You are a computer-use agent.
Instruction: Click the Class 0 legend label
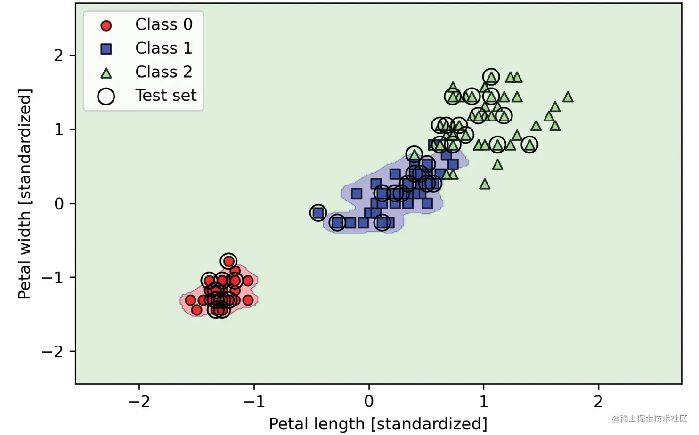coord(163,24)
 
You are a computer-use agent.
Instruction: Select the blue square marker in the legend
coord(106,48)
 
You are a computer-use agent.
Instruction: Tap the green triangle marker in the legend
coord(106,73)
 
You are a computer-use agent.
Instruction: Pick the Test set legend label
coord(166,96)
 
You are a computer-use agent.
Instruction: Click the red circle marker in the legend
coord(106,25)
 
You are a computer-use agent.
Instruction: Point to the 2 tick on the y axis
coord(58,56)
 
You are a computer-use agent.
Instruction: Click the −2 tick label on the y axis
coord(53,352)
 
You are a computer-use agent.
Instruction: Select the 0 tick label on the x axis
coord(369,402)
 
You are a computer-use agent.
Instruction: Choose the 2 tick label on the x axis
coord(598,402)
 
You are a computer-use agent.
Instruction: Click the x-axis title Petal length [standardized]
coord(378,424)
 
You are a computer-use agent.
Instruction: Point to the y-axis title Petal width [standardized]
coord(24,193)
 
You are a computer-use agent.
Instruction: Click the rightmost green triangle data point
coord(568,97)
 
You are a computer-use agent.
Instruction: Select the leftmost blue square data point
coord(318,213)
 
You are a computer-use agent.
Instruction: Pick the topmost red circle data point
coord(228,261)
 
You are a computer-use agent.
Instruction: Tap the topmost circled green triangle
coord(491,77)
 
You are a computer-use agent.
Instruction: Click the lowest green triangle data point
coord(485,184)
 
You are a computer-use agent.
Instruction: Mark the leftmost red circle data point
coord(190,300)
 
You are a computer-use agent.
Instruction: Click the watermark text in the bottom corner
coord(650,419)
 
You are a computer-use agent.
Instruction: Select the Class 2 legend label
coord(163,72)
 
